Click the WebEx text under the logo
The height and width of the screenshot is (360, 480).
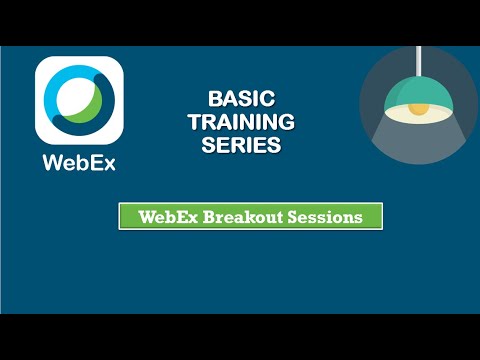pyautogui.click(x=79, y=163)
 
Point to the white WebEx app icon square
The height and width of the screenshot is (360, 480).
pyautogui.click(x=79, y=100)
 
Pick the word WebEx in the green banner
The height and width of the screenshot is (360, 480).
pyautogui.click(x=167, y=216)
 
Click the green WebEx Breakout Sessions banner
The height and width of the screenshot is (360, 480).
pyautogui.click(x=250, y=216)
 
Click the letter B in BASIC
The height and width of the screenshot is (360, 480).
pyautogui.click(x=214, y=100)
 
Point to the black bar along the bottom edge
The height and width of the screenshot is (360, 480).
pyautogui.click(x=240, y=337)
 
